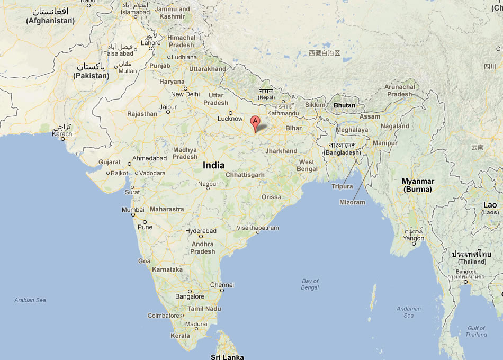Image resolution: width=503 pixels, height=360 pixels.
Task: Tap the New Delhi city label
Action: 185,94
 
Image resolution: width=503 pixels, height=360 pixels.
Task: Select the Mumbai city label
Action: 133,210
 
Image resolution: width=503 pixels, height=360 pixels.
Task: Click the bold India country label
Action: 213,165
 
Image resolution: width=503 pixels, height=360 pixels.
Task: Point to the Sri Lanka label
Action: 227,357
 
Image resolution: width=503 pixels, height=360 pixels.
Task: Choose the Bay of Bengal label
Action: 310,284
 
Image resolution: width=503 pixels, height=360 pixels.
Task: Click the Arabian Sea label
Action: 30,300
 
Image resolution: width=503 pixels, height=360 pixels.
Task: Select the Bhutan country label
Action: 344,105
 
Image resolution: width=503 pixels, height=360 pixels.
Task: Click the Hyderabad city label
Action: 201,231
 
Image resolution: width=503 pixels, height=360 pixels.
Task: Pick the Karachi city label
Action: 62,134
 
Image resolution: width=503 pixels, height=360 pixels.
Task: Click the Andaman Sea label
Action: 409,312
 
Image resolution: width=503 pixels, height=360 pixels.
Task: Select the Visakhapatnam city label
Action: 258,228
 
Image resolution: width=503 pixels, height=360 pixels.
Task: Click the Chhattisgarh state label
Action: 245,175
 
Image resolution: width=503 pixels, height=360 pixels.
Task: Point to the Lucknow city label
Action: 230,119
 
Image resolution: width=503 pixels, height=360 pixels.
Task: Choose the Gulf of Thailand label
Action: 476,331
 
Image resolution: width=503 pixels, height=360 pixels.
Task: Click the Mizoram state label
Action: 352,202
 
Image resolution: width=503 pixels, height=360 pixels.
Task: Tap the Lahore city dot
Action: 151,49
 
